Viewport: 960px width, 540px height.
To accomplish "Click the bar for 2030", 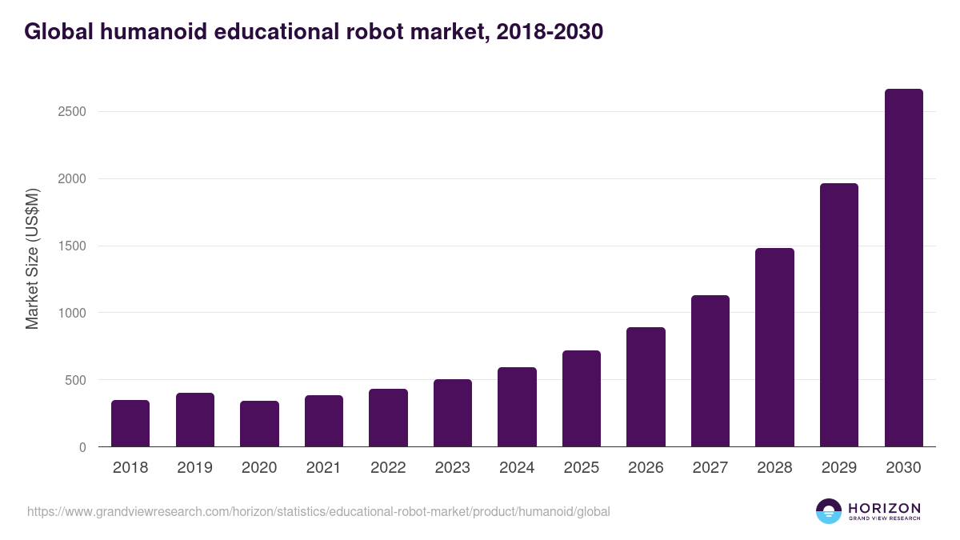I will point(903,268).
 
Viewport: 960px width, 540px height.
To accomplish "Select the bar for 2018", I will point(130,423).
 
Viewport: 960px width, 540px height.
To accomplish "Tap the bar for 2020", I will point(259,424).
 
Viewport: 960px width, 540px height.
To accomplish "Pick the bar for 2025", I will point(581,398).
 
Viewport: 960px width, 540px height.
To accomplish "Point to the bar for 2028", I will point(774,347).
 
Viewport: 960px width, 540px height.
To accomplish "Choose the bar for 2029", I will point(838,315).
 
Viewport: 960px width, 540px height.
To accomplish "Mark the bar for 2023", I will point(452,413).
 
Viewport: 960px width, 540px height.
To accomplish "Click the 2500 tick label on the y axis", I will point(72,112).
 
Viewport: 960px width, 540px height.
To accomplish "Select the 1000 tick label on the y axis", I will point(72,313).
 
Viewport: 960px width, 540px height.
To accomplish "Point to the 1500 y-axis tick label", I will point(72,246).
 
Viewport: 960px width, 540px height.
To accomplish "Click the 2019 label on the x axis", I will point(194,468).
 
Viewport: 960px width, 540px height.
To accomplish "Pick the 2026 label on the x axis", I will point(646,468).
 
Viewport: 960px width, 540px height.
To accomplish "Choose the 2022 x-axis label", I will point(388,468).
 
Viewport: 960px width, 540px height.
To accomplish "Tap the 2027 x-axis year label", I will point(710,468).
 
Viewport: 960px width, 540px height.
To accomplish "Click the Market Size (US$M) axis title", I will point(32,258).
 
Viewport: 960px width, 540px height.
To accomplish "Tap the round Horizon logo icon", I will point(829,511).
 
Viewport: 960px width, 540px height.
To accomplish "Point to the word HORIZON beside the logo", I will point(884,508).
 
